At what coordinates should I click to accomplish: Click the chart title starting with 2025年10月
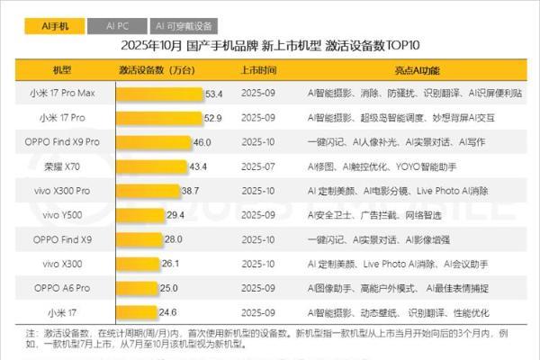271,46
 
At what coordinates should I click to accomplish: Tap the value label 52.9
212,118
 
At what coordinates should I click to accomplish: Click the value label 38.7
190,191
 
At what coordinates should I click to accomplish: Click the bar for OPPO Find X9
139,239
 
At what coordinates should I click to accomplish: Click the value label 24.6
168,312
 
